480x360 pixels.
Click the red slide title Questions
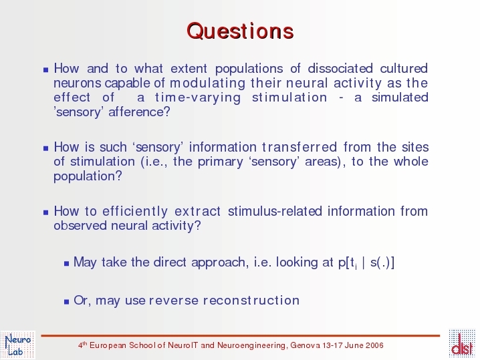pyautogui.click(x=240, y=31)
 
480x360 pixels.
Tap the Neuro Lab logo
pyautogui.click(x=18, y=345)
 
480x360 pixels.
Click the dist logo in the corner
pyautogui.click(x=462, y=343)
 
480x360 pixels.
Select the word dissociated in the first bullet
pyautogui.click(x=340, y=68)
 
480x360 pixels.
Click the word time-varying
pyautogui.click(x=198, y=98)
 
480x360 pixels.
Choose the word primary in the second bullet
pyautogui.click(x=221, y=162)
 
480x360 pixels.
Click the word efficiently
pyautogui.click(x=135, y=212)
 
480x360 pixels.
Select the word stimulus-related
pyautogui.click(x=275, y=211)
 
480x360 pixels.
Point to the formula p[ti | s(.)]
pyautogui.click(x=366, y=262)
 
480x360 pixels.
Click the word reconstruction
pyautogui.click(x=251, y=301)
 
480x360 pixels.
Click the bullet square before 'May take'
pyautogui.click(x=67, y=263)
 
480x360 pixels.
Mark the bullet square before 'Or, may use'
pyautogui.click(x=67, y=302)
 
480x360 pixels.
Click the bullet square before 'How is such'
pyautogui.click(x=46, y=149)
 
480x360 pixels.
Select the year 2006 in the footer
pyautogui.click(x=374, y=345)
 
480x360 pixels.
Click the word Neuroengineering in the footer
pyautogui.click(x=252, y=345)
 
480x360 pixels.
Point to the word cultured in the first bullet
pyautogui.click(x=404, y=68)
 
